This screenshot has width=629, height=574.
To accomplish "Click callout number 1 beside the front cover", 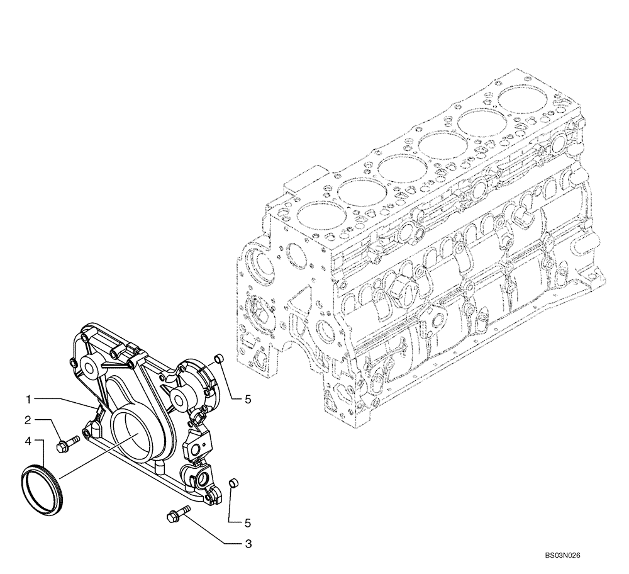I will point(29,399).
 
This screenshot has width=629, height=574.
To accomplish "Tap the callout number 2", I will point(29,419).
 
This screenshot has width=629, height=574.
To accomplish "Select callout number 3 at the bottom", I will point(248,542).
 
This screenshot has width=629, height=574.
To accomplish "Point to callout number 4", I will point(29,440).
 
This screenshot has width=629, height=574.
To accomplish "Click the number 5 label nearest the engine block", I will point(248,398).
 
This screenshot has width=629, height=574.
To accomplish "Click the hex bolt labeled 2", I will point(66,445).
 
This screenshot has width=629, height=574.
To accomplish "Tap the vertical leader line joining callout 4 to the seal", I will point(43,453).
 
